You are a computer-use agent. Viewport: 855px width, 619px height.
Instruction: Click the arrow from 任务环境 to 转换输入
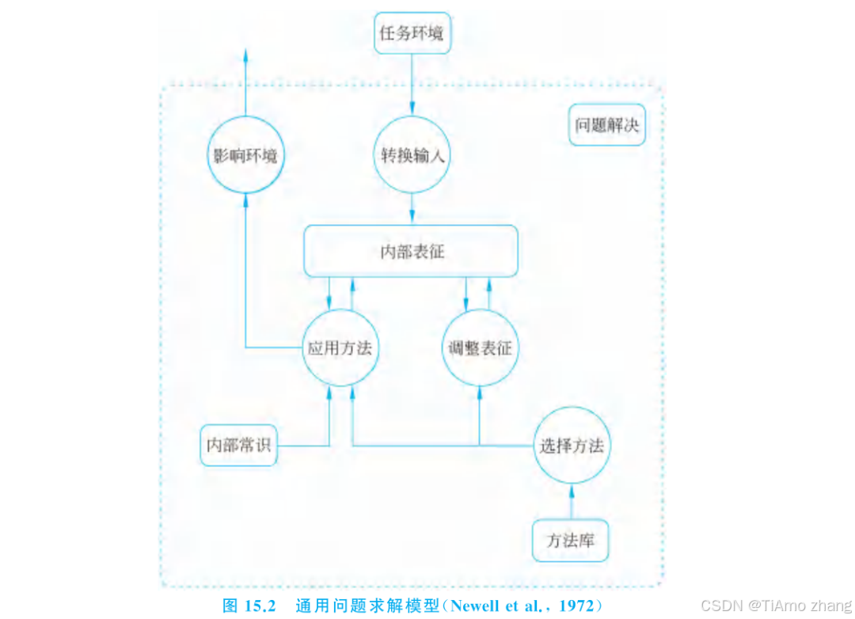[x=412, y=85]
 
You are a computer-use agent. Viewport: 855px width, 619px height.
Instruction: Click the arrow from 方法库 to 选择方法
[x=572, y=502]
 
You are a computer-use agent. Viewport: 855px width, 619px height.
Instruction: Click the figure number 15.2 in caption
[x=260, y=606]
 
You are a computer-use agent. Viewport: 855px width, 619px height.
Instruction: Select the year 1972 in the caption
[x=577, y=606]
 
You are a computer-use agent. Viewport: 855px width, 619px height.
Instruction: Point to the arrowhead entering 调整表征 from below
[x=480, y=393]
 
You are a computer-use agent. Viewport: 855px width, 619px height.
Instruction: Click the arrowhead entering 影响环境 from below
[x=245, y=200]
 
